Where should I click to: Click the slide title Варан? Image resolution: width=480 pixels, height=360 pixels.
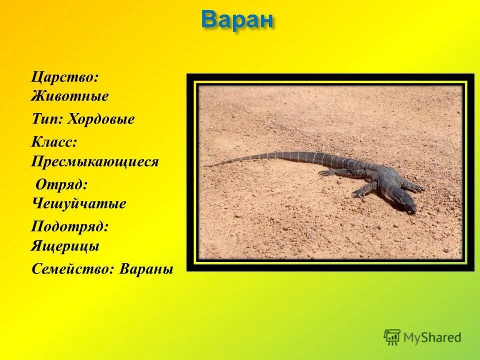pos(237,19)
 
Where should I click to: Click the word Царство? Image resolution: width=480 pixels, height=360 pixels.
pos(64,78)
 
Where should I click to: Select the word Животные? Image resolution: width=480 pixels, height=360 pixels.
pos(69,96)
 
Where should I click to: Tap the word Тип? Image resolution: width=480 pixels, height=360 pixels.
pos(46,119)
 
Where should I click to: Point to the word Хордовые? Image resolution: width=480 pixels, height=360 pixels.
pos(101,119)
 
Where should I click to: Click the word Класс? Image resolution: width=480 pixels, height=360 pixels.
pos(54,142)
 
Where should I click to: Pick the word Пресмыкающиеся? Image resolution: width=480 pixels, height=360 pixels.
pos(95,162)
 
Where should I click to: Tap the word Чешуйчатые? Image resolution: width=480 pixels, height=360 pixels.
pos(79,204)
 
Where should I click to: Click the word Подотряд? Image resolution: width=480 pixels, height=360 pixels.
pos(70,226)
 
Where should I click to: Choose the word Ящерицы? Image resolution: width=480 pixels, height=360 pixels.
pos(65,246)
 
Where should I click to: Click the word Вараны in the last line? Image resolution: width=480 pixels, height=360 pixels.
pos(147,269)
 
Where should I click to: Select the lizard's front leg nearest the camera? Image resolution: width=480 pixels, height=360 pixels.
pos(365,189)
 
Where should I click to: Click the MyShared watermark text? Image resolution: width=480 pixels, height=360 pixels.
pos(432,337)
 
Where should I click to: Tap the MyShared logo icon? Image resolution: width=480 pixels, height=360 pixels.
pos(392,336)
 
